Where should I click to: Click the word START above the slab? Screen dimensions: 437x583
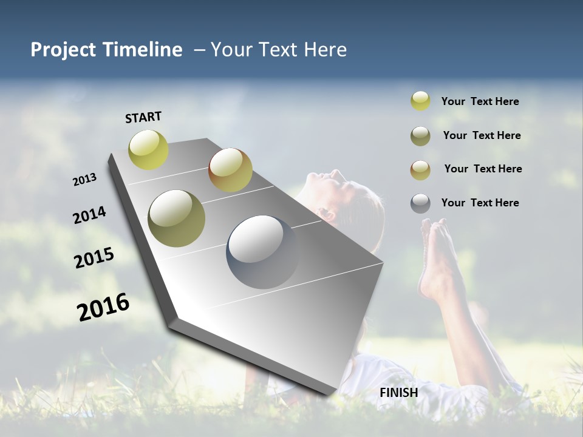[143, 117]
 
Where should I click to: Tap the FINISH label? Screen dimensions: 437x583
[398, 393]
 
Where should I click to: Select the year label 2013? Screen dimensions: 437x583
[85, 180]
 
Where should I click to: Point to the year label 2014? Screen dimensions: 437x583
[89, 215]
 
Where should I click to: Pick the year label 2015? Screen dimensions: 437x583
[94, 258]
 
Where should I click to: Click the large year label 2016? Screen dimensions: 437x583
[103, 307]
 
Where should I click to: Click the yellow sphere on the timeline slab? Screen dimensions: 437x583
[148, 149]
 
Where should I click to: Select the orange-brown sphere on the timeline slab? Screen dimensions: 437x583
[230, 170]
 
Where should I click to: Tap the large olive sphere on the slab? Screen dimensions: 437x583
[177, 218]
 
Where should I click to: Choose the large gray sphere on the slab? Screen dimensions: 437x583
[263, 251]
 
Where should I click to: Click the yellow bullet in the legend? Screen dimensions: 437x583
[420, 101]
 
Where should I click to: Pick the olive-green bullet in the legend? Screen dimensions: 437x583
[420, 136]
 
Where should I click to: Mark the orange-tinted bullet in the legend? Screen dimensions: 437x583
[420, 169]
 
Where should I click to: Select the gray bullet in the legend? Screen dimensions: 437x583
[420, 203]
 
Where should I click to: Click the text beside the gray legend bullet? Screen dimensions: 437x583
[480, 203]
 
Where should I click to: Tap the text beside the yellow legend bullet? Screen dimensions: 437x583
[480, 102]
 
